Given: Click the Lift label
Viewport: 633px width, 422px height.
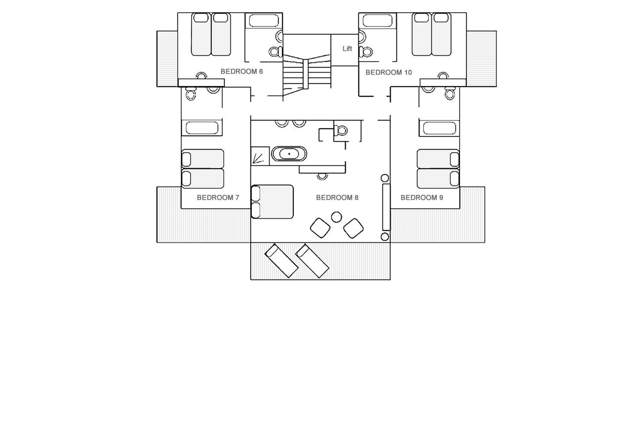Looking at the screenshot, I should [347, 49].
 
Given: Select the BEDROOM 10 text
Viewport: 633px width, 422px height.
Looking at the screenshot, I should [389, 72].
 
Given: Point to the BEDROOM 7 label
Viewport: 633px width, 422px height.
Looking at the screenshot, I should [218, 198].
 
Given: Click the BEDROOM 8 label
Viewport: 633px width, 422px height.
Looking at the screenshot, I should [337, 198].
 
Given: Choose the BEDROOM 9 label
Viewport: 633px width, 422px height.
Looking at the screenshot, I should [422, 198].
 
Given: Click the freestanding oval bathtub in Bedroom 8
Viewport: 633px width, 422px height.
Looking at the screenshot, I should [289, 154].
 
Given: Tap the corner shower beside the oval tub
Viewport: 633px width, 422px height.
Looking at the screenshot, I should [260, 156].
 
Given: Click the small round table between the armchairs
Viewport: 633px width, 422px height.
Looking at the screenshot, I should [336, 217].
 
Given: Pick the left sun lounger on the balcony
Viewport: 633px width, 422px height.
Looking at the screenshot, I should [281, 261].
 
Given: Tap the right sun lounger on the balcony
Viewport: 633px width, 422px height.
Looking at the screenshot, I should [312, 261].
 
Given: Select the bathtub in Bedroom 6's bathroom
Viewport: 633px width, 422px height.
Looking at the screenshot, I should [264, 21].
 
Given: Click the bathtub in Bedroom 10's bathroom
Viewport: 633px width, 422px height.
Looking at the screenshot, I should [377, 21].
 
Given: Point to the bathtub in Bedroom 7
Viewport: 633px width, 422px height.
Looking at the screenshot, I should [202, 128].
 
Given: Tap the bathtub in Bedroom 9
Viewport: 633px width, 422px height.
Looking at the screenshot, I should [439, 128].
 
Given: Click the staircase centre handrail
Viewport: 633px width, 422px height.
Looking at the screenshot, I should [306, 74].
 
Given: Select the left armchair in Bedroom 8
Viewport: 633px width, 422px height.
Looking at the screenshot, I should [320, 228].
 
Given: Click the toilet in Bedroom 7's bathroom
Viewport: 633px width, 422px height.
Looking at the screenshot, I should [191, 94].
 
